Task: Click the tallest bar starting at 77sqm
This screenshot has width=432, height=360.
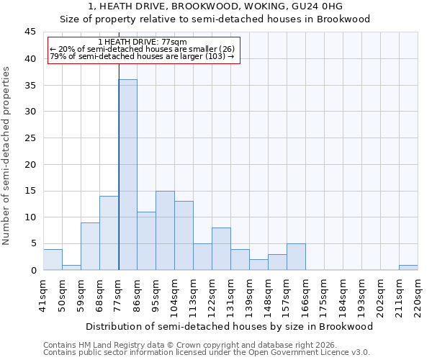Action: (x=127, y=175)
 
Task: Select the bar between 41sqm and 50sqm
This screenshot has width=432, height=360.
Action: (x=53, y=260)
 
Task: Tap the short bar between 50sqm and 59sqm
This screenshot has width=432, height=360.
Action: (x=71, y=268)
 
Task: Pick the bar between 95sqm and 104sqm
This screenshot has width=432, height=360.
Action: (x=165, y=230)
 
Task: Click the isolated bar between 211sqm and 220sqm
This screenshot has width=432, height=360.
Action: (x=408, y=268)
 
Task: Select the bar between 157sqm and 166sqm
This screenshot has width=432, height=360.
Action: (x=296, y=257)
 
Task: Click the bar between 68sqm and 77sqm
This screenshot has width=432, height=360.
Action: (x=109, y=233)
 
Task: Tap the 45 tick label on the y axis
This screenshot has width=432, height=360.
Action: (x=30, y=32)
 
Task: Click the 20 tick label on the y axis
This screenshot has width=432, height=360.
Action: (x=30, y=165)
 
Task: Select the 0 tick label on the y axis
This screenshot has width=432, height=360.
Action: (x=33, y=271)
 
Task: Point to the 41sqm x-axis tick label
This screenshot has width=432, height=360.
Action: (x=43, y=296)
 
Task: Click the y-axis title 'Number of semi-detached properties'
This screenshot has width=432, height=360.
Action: (x=7, y=156)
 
